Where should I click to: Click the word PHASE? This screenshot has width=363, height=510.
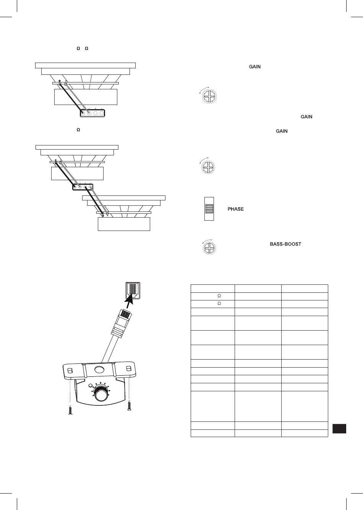[236, 209]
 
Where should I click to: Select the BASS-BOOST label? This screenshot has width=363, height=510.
[285, 244]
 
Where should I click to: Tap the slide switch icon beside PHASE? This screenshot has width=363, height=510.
[209, 209]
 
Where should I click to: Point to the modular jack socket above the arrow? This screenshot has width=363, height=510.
[133, 290]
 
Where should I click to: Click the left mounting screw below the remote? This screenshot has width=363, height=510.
[71, 410]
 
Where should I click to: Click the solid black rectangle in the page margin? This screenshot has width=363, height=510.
[339, 428]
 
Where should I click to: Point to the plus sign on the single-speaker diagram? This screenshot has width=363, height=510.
[60, 81]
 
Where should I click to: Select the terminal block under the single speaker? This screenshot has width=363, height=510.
[92, 113]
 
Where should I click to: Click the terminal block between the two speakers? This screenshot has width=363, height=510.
[83, 187]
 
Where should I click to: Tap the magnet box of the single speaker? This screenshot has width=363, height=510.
[86, 97]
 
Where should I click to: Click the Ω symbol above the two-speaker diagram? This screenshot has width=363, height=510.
[78, 130]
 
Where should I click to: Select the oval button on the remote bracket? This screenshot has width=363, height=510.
[99, 369]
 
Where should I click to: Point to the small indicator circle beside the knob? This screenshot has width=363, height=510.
[91, 386]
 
